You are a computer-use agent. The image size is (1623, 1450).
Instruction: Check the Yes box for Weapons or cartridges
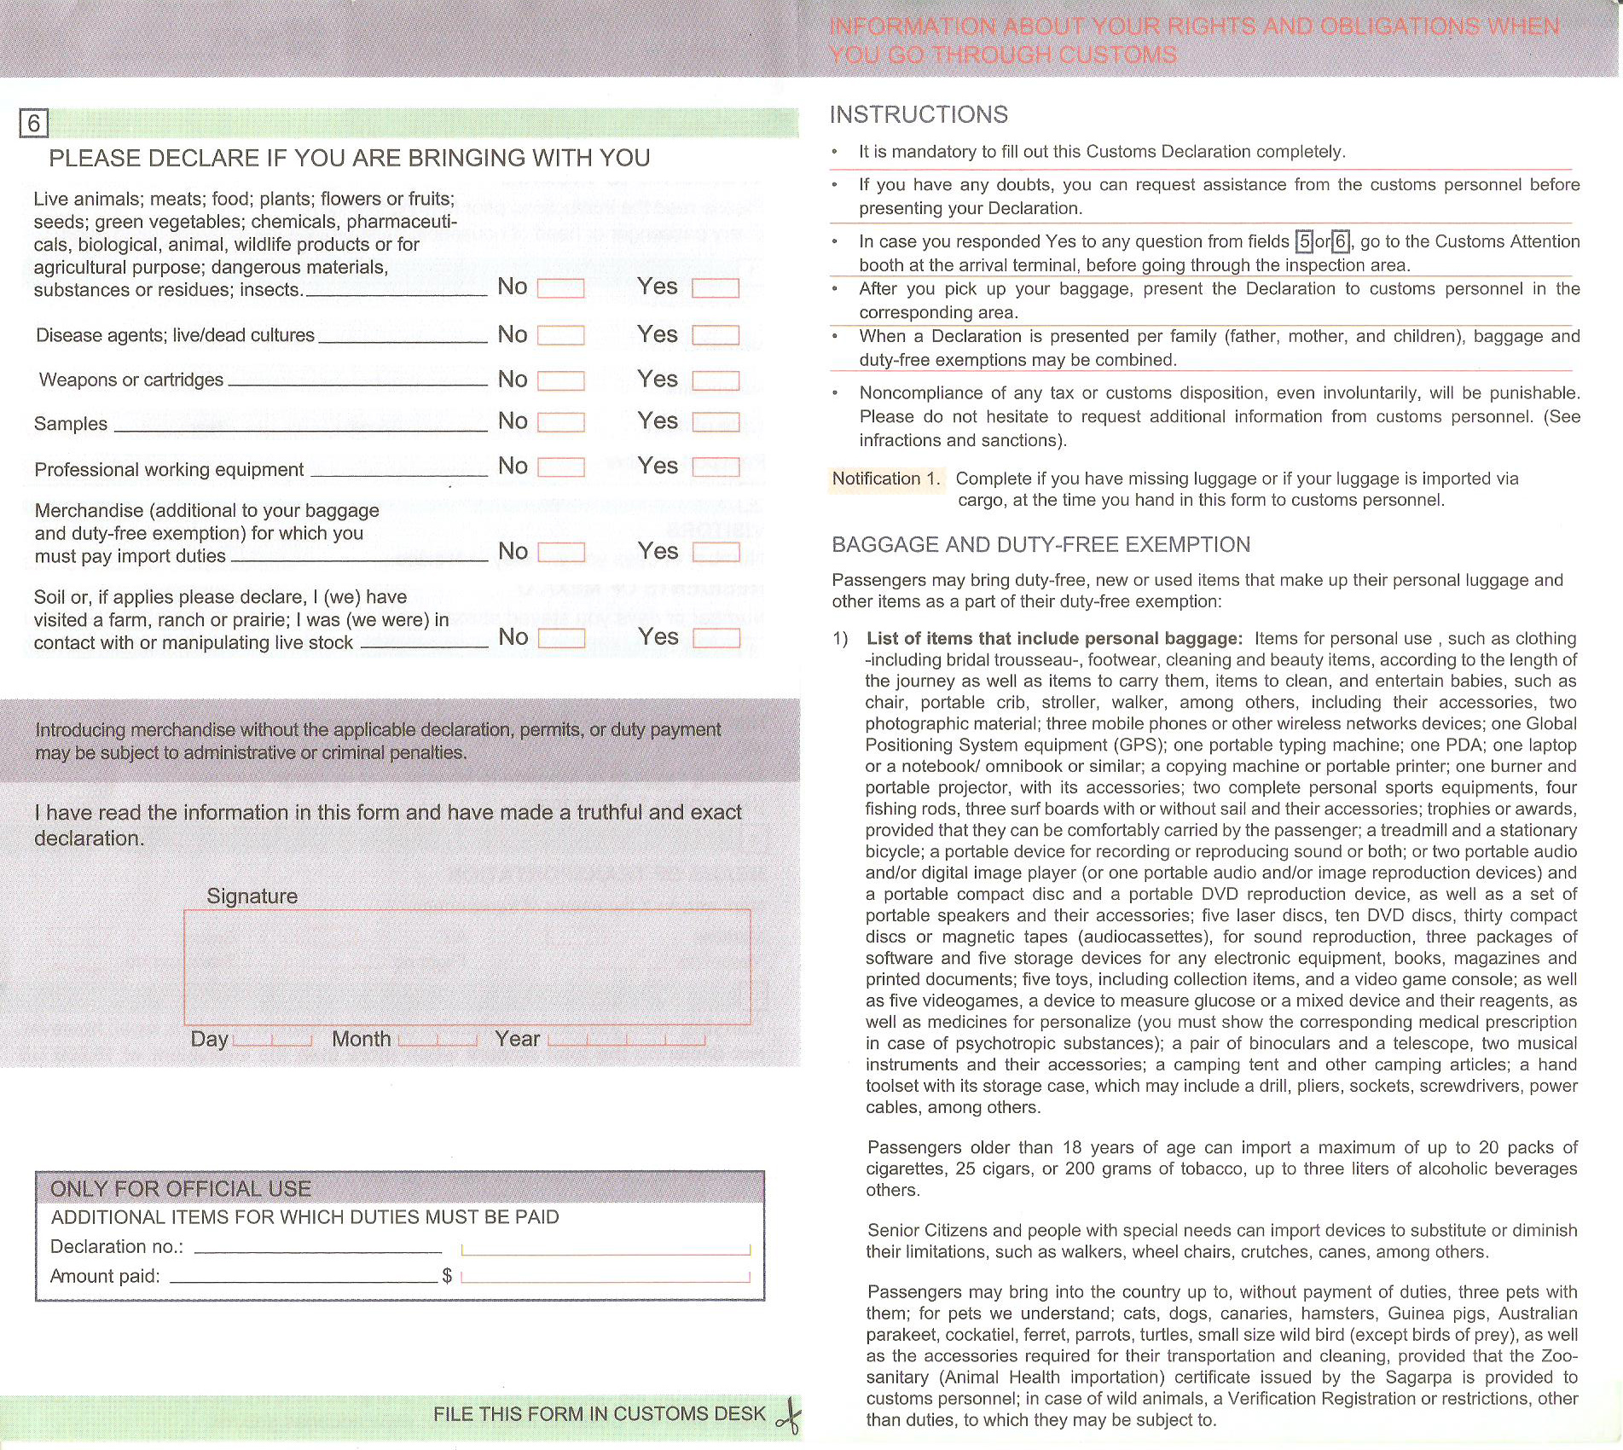[716, 380]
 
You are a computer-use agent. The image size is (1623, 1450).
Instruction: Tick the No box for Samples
[560, 422]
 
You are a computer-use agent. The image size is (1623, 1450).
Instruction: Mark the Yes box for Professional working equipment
[716, 467]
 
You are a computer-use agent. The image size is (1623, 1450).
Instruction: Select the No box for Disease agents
[560, 335]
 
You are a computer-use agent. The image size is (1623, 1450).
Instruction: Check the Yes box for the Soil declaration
[716, 638]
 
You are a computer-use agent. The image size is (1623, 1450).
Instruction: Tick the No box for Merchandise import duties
[560, 553]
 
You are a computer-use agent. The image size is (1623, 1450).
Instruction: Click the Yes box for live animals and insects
[716, 288]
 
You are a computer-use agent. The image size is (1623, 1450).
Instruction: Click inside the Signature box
[467, 967]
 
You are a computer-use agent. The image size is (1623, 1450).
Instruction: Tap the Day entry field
[272, 1039]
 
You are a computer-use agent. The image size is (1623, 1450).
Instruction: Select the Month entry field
[438, 1039]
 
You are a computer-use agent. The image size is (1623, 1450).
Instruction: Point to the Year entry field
[627, 1039]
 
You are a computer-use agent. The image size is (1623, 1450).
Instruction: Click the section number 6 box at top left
[34, 124]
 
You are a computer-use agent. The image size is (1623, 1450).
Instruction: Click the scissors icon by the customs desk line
[790, 1415]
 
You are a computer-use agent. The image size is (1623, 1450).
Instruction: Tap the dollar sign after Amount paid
[447, 1276]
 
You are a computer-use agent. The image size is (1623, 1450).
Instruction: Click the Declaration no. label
[117, 1247]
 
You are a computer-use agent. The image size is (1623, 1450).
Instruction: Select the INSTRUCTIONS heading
[919, 115]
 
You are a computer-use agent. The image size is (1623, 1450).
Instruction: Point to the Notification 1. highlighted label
[885, 478]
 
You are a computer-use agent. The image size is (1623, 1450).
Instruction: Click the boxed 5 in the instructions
[1304, 242]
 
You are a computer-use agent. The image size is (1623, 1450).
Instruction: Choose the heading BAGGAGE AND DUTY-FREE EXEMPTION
[1040, 545]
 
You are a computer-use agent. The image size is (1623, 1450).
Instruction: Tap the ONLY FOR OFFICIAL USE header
[181, 1189]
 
